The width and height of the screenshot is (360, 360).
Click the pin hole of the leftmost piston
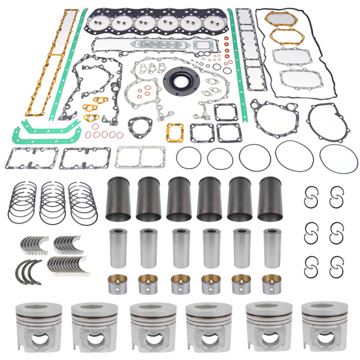point(34,341)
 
